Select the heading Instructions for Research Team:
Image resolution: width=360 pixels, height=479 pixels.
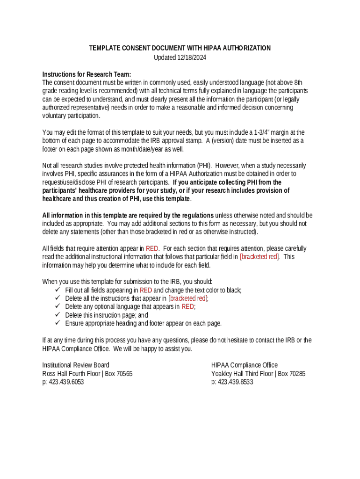86,74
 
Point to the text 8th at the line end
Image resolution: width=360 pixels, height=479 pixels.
297,82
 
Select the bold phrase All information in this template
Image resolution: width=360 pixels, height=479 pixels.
88,216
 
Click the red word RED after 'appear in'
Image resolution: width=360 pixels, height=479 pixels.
152,249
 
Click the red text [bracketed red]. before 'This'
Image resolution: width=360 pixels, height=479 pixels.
259,257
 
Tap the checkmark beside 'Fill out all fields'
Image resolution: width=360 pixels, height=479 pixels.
58,290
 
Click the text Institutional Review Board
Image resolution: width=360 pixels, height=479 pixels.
76,365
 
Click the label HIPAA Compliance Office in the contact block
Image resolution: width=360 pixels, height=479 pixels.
244,365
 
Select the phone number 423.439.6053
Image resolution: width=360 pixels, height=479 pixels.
63,382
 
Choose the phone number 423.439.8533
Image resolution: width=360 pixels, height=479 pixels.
232,382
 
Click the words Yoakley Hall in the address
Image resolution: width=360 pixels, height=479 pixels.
227,374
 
